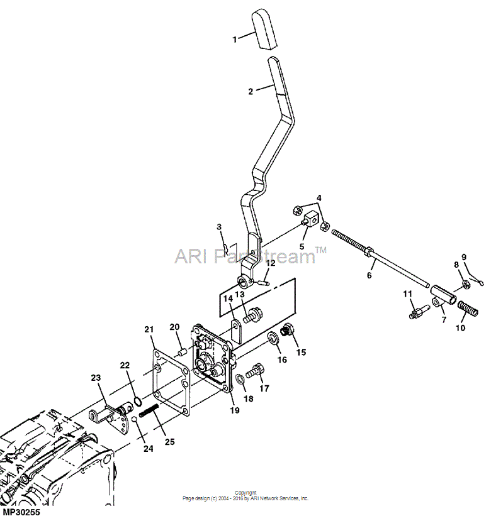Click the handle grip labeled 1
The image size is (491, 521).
(x=265, y=30)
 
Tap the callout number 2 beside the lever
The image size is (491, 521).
(x=251, y=91)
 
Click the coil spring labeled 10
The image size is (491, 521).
(x=468, y=309)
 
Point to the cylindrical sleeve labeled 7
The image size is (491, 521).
(x=443, y=294)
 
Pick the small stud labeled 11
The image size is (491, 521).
(x=416, y=312)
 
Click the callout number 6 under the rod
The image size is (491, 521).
(x=369, y=275)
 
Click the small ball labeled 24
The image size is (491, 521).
(x=134, y=419)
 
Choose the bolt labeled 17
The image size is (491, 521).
(x=255, y=371)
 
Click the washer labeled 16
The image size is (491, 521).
(x=274, y=339)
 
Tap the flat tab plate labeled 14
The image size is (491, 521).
(x=237, y=331)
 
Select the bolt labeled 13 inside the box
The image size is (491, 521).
(x=252, y=315)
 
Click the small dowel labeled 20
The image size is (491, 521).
(x=183, y=352)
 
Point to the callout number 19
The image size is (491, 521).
(x=235, y=410)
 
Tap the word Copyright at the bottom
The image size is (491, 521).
(x=245, y=493)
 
